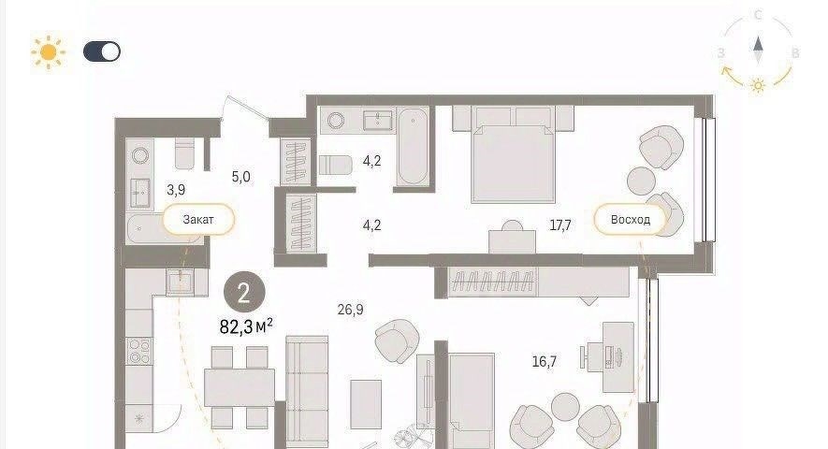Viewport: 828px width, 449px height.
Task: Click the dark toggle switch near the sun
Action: (x=102, y=51)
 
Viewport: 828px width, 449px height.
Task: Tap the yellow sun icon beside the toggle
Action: (x=48, y=51)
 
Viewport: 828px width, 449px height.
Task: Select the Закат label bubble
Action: (x=198, y=219)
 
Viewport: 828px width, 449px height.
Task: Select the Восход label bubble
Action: (x=630, y=219)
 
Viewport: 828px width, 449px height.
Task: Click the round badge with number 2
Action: (x=244, y=292)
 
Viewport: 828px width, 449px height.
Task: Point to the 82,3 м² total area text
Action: (x=246, y=326)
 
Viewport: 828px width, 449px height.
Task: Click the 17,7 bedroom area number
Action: (x=560, y=225)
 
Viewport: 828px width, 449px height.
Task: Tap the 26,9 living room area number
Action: (x=350, y=309)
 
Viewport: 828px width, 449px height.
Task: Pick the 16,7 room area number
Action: (x=544, y=362)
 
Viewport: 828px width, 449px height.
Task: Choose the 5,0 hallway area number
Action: (x=240, y=177)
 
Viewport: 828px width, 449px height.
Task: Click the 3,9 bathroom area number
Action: (x=176, y=190)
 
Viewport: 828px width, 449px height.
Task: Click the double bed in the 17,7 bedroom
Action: (x=513, y=154)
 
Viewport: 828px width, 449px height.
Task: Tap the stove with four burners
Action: (x=140, y=351)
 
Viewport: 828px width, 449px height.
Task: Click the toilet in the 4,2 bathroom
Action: (x=335, y=165)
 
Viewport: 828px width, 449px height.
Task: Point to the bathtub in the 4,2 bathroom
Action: (x=413, y=146)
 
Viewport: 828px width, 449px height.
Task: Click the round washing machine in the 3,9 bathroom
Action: (x=140, y=155)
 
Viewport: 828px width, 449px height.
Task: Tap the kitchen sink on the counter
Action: (x=180, y=281)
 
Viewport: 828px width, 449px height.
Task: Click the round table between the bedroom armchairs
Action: (x=641, y=181)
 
